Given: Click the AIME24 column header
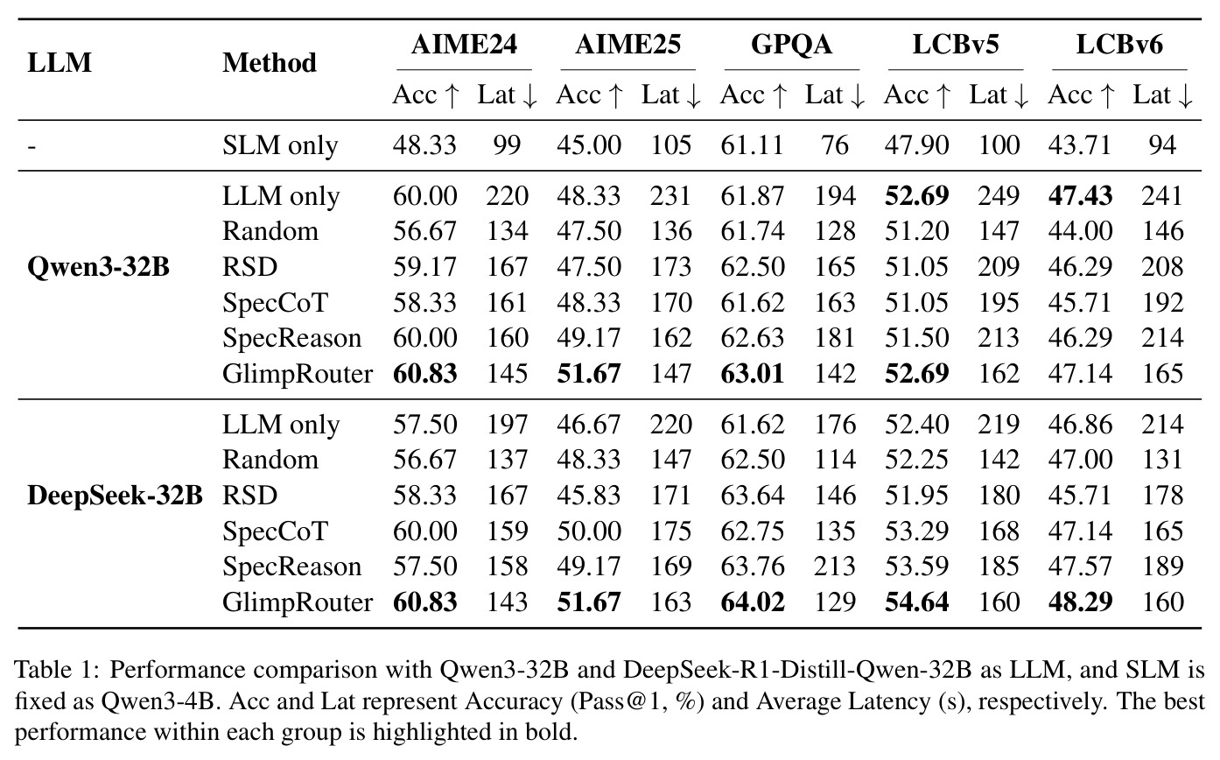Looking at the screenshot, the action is [x=464, y=44].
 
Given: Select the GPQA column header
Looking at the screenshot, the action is [x=791, y=44].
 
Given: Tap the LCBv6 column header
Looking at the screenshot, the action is [x=1119, y=44].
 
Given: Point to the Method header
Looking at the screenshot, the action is [x=270, y=63].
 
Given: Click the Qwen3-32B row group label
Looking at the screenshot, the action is [x=99, y=267].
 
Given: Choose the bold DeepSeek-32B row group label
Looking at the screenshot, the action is [x=115, y=496].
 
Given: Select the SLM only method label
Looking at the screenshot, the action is [x=280, y=145].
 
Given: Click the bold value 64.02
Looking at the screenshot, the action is [x=753, y=602].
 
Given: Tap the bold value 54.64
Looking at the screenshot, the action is [x=916, y=602].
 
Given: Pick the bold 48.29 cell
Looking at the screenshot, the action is [x=1081, y=602].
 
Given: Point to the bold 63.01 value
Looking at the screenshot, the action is [x=753, y=374].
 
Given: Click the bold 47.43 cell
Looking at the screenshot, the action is [x=1081, y=196].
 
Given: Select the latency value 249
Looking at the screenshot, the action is [x=999, y=196].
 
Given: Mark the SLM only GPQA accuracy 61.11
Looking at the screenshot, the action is [x=752, y=145].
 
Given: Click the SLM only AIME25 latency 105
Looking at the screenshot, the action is [x=671, y=145].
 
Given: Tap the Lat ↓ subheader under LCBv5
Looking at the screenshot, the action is [x=999, y=95].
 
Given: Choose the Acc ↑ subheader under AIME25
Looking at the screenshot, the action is [x=590, y=95].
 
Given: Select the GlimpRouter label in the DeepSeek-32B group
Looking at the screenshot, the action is [x=298, y=602].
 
